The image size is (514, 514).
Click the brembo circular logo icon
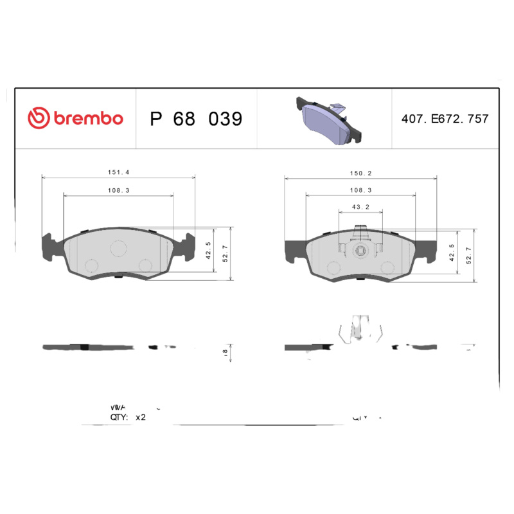pos(38,118)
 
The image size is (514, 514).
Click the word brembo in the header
pos(88,119)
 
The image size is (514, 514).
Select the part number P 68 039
pos(196,119)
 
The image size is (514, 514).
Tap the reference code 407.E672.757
pos(445,119)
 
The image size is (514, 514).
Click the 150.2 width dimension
pos(360,173)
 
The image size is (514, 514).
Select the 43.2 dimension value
pos(360,206)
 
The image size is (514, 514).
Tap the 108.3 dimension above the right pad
pos(360,190)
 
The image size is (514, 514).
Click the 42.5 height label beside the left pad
pos(208,249)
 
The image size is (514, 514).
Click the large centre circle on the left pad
pos(119,248)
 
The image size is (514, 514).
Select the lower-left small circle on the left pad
pos(91,264)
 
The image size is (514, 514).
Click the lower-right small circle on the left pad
pos(146,264)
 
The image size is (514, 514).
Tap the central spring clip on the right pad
pos(360,247)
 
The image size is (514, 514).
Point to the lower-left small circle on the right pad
pos(333,267)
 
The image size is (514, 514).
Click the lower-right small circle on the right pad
pos(387,267)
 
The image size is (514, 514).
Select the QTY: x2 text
pos(128,417)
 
